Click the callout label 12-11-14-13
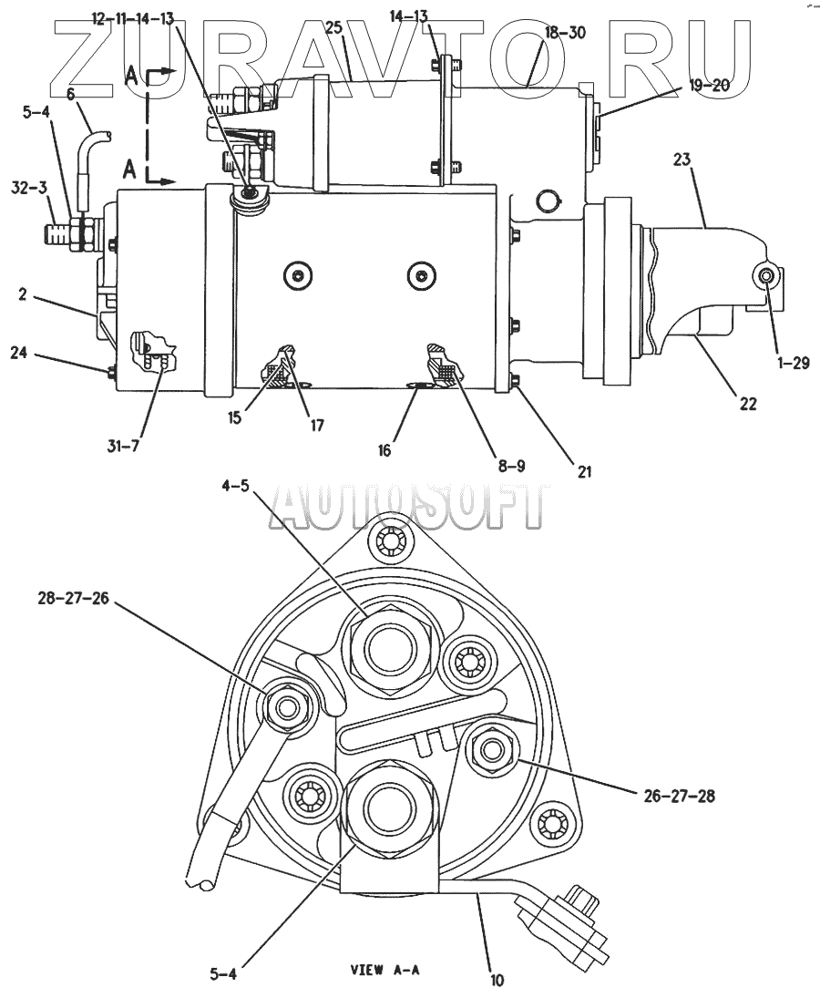point(133,18)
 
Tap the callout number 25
point(334,26)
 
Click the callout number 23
point(682,159)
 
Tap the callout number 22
point(748,404)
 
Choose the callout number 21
point(584,471)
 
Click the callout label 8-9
point(511,467)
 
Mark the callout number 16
point(384,450)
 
